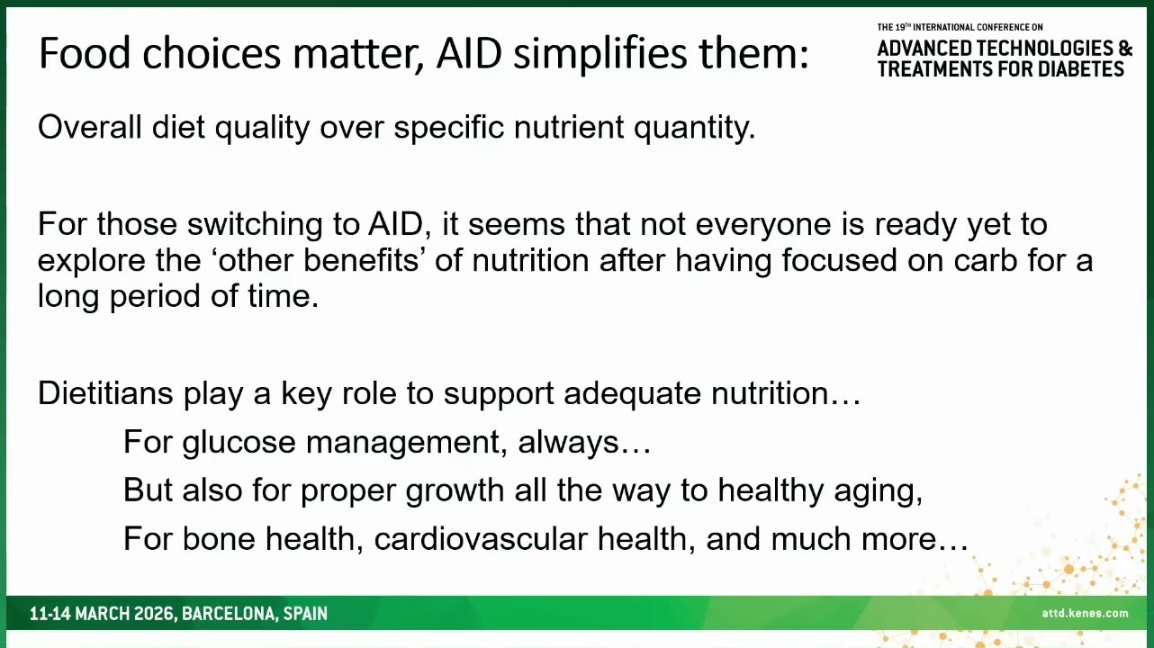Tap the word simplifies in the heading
tap(600, 56)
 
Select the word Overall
tap(90, 127)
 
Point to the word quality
tap(262, 130)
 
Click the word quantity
tap(694, 130)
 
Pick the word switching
tap(254, 226)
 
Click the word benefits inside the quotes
tap(361, 259)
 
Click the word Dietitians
tap(105, 393)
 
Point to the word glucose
tap(239, 444)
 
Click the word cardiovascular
tap(481, 539)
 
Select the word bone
tap(219, 539)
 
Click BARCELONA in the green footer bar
tap(230, 614)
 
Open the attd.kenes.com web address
tap(1085, 613)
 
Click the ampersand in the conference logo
tap(1126, 48)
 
